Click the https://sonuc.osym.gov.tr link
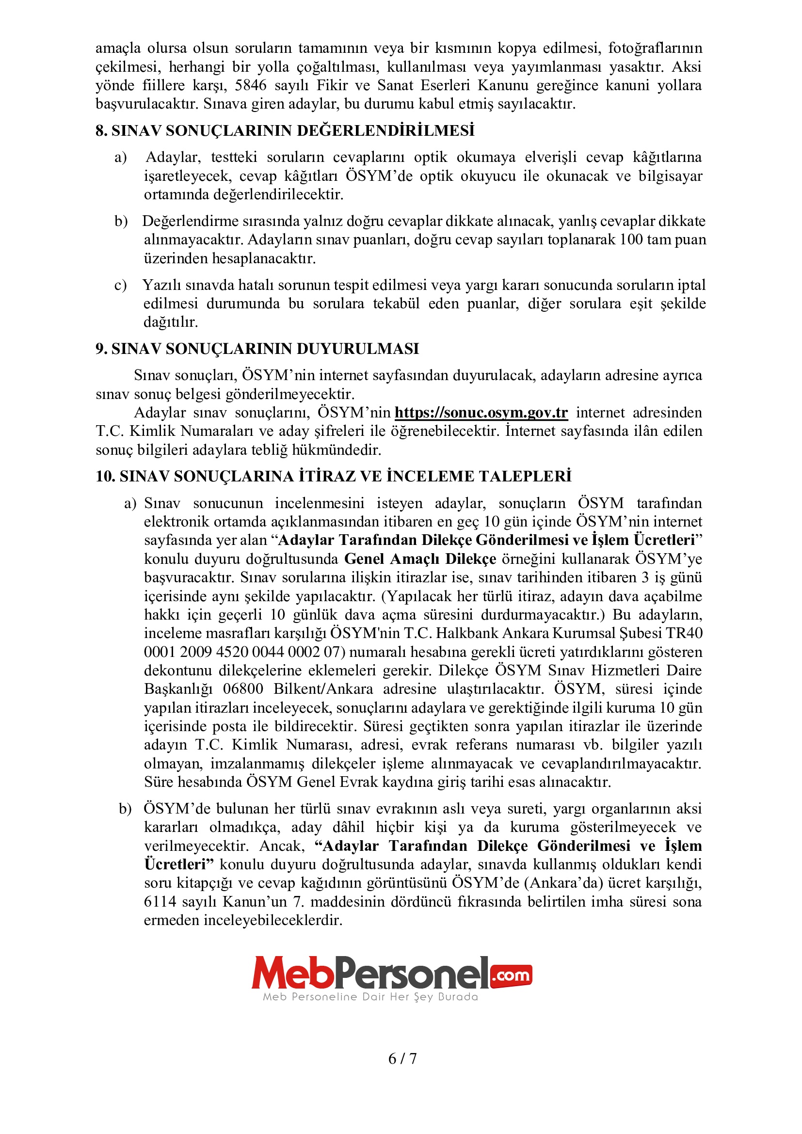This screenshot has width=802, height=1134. (x=481, y=413)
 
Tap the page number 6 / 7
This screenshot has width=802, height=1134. (x=402, y=1058)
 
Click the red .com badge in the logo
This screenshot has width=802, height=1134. (x=512, y=975)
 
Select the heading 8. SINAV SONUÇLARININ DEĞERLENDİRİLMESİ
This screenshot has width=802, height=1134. (x=285, y=130)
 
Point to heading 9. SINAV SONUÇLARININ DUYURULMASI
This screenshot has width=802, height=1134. (x=257, y=349)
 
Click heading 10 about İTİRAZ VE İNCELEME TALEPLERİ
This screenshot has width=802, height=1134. (x=333, y=476)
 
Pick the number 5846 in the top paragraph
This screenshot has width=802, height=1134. (x=250, y=85)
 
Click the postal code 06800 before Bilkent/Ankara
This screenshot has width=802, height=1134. (x=243, y=689)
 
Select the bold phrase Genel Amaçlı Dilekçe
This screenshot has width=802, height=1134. (x=420, y=559)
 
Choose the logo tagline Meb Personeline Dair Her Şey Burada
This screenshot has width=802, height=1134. (x=370, y=997)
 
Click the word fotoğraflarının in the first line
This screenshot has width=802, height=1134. (x=655, y=48)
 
